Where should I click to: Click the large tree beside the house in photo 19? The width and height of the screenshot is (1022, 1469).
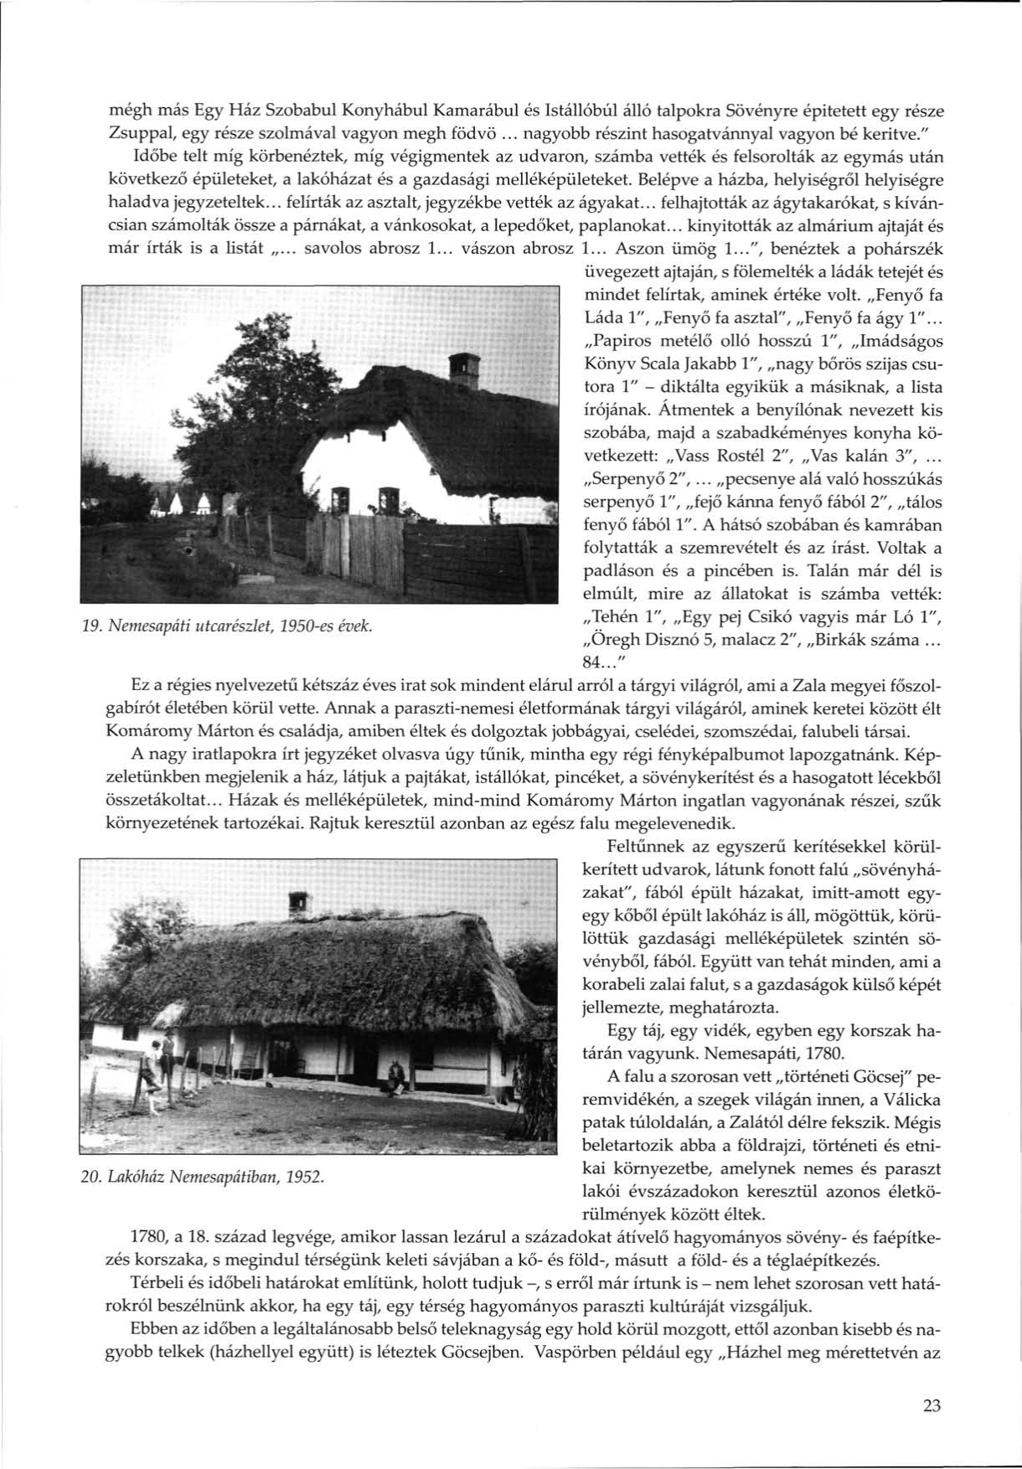[x=243, y=410]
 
